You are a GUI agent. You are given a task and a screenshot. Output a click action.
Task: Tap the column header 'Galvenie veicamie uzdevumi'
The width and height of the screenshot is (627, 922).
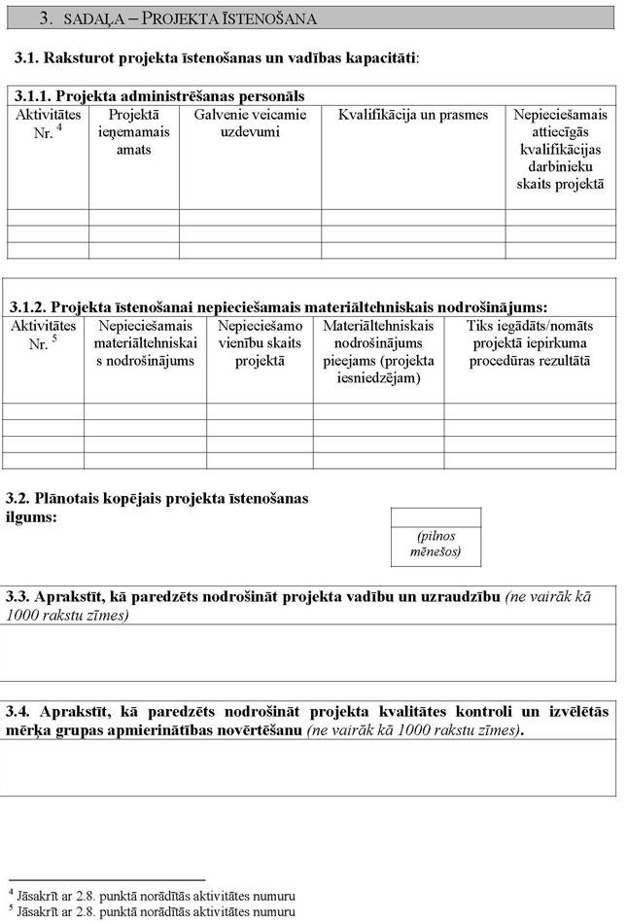250,124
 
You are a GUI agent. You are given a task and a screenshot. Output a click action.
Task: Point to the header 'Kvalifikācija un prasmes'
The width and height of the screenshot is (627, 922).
413,115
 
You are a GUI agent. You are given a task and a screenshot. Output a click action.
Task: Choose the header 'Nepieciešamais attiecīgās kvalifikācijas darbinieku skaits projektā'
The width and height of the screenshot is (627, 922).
560,149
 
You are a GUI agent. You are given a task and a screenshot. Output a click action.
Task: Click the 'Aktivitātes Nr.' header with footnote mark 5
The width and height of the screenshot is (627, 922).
43,335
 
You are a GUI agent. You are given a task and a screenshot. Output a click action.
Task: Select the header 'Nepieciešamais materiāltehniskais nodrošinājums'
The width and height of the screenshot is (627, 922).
145,343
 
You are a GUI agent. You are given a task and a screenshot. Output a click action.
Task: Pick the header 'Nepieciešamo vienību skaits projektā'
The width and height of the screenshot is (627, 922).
260,343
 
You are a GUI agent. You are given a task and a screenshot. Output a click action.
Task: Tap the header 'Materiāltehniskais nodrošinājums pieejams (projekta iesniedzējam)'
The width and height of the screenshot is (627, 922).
378,351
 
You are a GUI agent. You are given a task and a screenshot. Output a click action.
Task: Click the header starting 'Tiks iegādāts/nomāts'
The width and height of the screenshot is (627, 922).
530,343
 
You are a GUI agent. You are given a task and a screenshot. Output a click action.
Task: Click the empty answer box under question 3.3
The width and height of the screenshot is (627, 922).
308,652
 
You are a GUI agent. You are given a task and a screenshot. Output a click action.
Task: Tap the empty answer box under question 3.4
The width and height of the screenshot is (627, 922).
308,767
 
